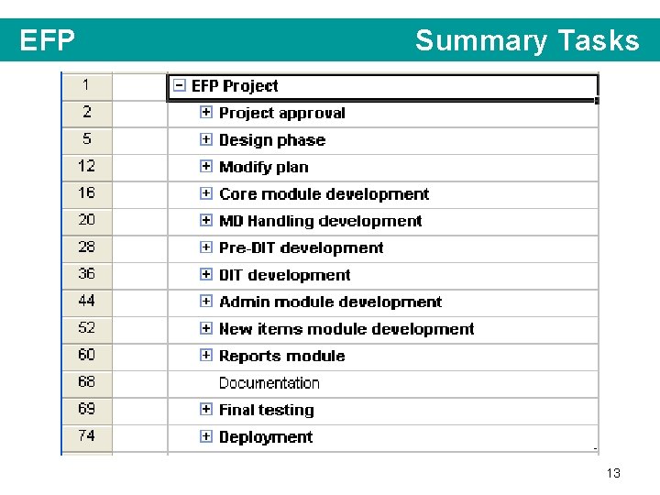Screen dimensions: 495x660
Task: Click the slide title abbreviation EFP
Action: [x=47, y=41]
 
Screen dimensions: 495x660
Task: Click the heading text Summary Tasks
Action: [x=526, y=41]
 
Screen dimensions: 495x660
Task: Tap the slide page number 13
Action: [x=613, y=473]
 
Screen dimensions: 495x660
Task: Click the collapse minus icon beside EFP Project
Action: [x=180, y=86]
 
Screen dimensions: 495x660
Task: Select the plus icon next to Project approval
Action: [x=206, y=113]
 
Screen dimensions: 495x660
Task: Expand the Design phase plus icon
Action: [x=206, y=140]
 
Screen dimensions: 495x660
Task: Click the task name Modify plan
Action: [x=264, y=167]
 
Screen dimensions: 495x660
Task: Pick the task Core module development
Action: [x=324, y=194]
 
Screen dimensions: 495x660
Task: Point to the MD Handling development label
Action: [x=320, y=221]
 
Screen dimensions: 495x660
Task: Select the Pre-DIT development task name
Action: [x=301, y=248]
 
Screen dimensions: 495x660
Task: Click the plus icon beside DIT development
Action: [x=206, y=275]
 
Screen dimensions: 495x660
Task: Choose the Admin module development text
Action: [x=330, y=302]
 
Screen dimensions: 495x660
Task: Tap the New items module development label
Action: [x=346, y=329]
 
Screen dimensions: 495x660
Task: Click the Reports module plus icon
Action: [x=206, y=356]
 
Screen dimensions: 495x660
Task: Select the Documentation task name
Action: [x=269, y=383]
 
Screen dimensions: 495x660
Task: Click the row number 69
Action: [x=86, y=409]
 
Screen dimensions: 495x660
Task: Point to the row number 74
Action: [x=86, y=435]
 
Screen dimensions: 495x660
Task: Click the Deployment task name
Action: [x=266, y=437]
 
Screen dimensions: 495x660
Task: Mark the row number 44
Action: [x=86, y=301]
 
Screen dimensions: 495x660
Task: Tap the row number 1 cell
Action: [x=86, y=85]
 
